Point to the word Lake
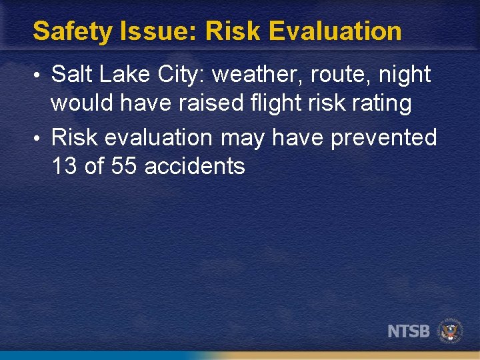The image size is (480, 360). [x=121, y=75]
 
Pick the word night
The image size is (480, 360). [x=405, y=75]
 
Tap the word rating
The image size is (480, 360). [x=379, y=104]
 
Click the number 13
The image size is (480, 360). [x=64, y=166]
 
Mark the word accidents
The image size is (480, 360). [x=195, y=166]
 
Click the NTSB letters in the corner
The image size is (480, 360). [x=409, y=331]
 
